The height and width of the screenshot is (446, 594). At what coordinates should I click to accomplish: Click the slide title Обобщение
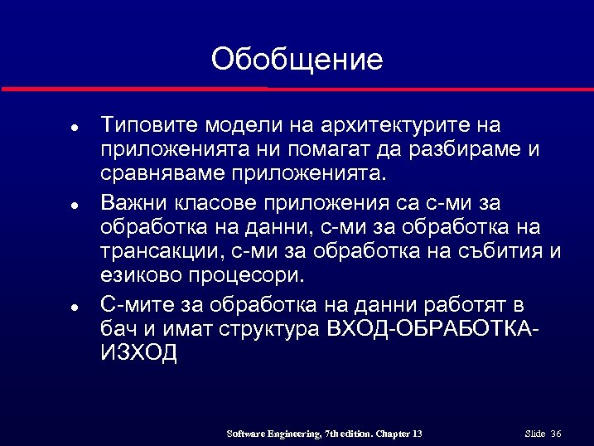[297, 60]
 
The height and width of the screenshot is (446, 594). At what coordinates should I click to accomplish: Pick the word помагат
[327, 151]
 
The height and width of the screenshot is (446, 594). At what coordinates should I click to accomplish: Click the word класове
[215, 201]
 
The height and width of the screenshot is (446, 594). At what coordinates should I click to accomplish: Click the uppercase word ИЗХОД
[138, 353]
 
